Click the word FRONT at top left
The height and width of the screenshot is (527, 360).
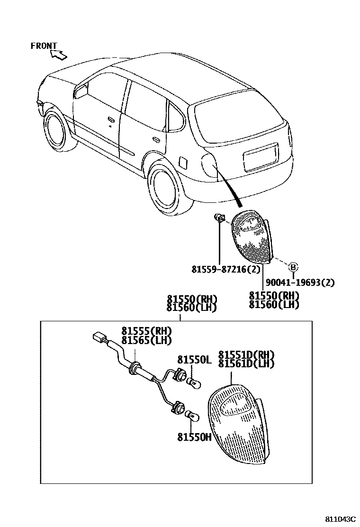pyautogui.click(x=44, y=46)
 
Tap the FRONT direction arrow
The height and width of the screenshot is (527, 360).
pyautogui.click(x=58, y=55)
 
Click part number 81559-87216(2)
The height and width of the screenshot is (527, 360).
pyautogui.click(x=226, y=269)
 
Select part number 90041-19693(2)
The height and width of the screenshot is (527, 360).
pyautogui.click(x=300, y=283)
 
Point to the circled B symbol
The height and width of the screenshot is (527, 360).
pyautogui.click(x=293, y=266)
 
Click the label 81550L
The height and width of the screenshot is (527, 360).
pyautogui.click(x=194, y=360)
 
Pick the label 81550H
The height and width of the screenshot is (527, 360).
pyautogui.click(x=194, y=437)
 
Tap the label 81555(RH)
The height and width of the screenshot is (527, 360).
pyautogui.click(x=146, y=331)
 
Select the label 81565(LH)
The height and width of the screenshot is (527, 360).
pyautogui.click(x=146, y=340)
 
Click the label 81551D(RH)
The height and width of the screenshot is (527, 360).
pyautogui.click(x=246, y=355)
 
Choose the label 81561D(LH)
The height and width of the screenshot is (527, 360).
pyautogui.click(x=246, y=363)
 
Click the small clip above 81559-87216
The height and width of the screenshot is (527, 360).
pyautogui.click(x=219, y=218)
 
